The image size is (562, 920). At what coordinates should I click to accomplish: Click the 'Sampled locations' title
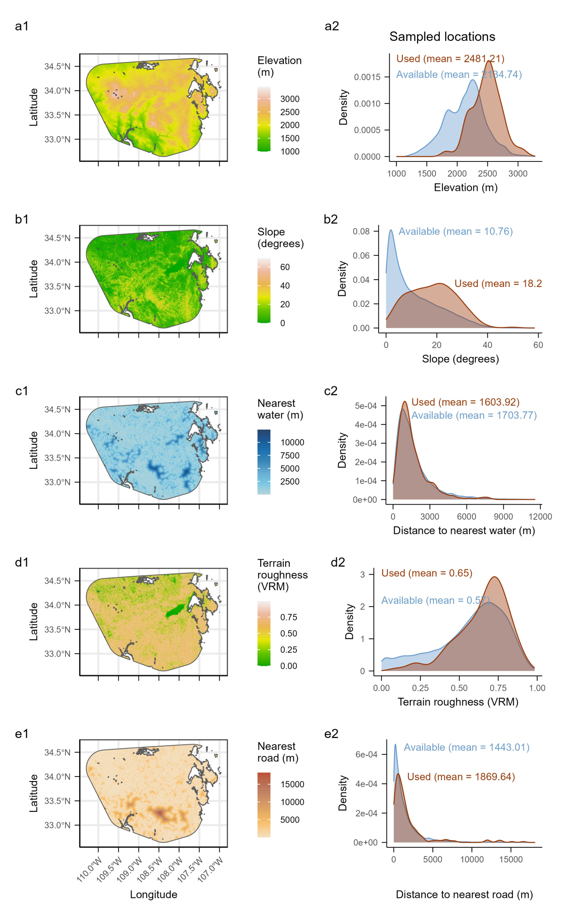[442, 37]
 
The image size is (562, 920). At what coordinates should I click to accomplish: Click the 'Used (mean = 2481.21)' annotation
[450, 59]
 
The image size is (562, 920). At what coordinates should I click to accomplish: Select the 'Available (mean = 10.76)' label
[455, 231]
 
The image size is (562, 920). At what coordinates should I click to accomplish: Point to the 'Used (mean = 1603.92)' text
[465, 402]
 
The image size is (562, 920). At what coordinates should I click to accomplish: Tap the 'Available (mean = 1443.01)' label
[466, 747]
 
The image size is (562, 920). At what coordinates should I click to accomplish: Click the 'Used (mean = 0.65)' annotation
[426, 573]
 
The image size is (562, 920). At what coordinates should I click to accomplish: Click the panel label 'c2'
[331, 391]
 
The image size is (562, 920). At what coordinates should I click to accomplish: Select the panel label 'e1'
[22, 734]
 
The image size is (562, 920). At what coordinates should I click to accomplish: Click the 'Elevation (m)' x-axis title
[465, 188]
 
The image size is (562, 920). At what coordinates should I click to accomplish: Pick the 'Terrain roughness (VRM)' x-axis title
[458, 702]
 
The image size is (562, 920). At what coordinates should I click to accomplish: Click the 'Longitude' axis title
[154, 894]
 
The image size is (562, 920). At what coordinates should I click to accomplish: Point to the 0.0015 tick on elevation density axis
[367, 77]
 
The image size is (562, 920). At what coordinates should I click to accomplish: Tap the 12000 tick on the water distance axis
[540, 517]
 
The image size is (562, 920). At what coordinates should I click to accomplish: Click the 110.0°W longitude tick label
[88, 870]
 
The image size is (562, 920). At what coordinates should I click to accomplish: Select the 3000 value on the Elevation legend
[290, 99]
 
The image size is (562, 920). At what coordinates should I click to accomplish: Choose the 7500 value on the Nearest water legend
[290, 455]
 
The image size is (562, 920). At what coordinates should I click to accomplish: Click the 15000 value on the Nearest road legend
[292, 784]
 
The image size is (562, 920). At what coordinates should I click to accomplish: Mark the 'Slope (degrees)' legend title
[280, 238]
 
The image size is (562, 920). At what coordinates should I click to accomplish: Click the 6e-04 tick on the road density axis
[366, 754]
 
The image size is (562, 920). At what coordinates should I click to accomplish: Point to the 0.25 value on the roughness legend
[288, 650]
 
